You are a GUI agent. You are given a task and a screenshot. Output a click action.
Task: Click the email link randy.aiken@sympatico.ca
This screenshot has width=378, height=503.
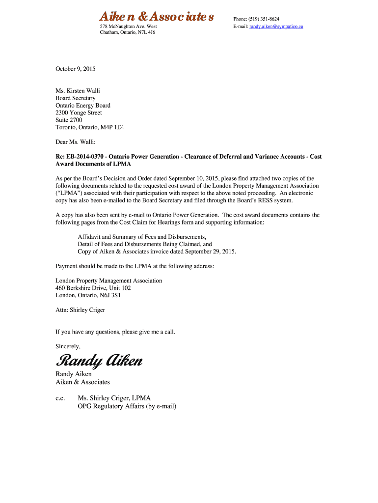coord(276,26)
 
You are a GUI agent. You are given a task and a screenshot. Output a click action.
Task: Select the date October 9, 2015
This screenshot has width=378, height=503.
coord(75,69)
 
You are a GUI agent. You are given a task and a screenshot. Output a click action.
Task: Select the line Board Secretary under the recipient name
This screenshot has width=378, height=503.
coord(75,98)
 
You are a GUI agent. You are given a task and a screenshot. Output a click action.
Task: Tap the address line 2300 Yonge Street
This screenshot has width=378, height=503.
coord(79,112)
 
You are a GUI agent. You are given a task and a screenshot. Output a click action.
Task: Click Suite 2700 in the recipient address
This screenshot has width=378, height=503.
coord(69,120)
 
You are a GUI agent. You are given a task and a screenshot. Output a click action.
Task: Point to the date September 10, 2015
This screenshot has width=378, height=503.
coord(192,178)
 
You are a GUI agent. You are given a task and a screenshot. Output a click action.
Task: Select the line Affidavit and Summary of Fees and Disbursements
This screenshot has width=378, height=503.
coord(142,237)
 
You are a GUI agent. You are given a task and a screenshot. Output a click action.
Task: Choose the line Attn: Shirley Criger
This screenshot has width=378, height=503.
coord(80,310)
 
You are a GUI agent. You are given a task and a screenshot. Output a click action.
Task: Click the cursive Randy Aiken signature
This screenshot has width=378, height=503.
coord(99,362)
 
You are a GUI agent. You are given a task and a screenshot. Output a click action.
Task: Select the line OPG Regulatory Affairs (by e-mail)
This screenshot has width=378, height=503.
coord(127,406)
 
